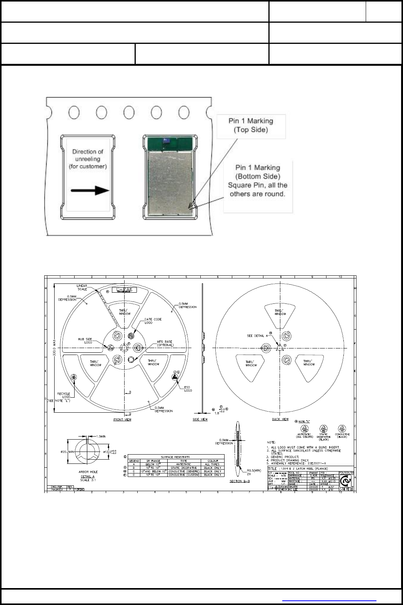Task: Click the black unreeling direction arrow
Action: click(90, 190)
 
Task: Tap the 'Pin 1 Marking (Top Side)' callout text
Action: click(251, 125)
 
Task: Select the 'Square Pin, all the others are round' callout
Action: click(258, 190)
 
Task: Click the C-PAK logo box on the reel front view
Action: click(124, 290)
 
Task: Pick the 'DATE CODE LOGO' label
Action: click(153, 321)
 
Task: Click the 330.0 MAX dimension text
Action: click(55, 349)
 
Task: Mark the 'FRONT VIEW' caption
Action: click(122, 420)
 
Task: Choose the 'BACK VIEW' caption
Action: click(280, 419)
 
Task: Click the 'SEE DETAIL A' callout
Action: click(257, 336)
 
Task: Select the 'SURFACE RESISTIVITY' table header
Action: click(175, 457)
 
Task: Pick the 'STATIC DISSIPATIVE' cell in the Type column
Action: click(183, 468)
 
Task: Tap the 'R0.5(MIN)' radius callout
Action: click(254, 470)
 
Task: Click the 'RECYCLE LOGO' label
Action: click(63, 395)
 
